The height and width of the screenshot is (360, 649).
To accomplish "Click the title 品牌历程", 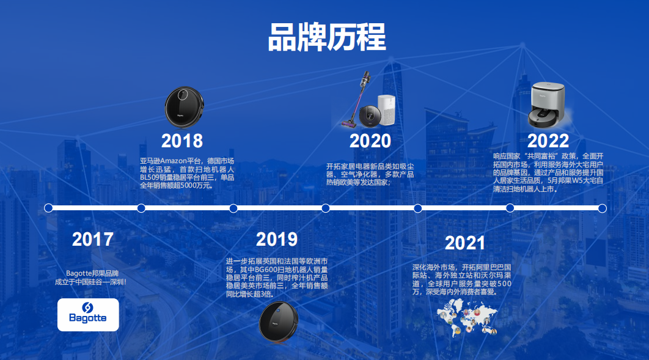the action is (x=327, y=37).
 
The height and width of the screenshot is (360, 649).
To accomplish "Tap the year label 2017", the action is (x=93, y=239).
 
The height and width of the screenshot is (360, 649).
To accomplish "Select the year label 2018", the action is (x=182, y=141).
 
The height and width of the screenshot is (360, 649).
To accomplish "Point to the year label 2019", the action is (x=277, y=239).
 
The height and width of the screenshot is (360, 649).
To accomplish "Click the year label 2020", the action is (x=370, y=141).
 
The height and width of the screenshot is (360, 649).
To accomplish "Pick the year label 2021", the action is (x=465, y=243).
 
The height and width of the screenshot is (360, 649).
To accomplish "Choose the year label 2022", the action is (x=548, y=141).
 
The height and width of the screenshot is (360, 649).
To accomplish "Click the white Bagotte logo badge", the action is (x=88, y=315).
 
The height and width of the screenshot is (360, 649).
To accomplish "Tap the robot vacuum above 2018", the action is (x=185, y=107).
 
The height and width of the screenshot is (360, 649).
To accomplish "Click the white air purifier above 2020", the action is (x=387, y=110).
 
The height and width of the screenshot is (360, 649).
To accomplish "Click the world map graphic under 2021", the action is (x=468, y=317).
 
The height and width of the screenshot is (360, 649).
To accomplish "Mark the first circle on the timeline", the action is (x=48, y=208).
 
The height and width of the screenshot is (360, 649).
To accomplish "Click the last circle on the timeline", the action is (x=602, y=208).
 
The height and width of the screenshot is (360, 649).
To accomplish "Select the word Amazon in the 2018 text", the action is (x=174, y=161).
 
